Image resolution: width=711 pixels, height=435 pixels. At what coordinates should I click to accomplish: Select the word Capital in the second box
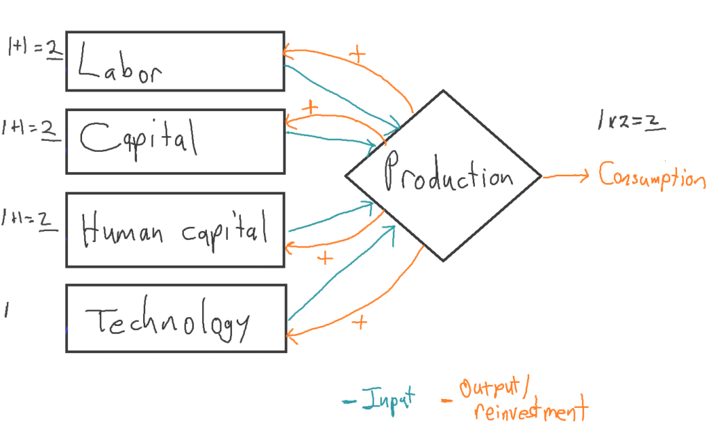[139, 138]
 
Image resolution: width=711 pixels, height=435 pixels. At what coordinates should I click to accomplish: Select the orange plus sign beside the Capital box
[310, 108]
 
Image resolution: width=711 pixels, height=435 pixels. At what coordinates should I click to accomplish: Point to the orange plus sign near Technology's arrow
[359, 322]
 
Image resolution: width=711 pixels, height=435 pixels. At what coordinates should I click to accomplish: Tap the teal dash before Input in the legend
[349, 401]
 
